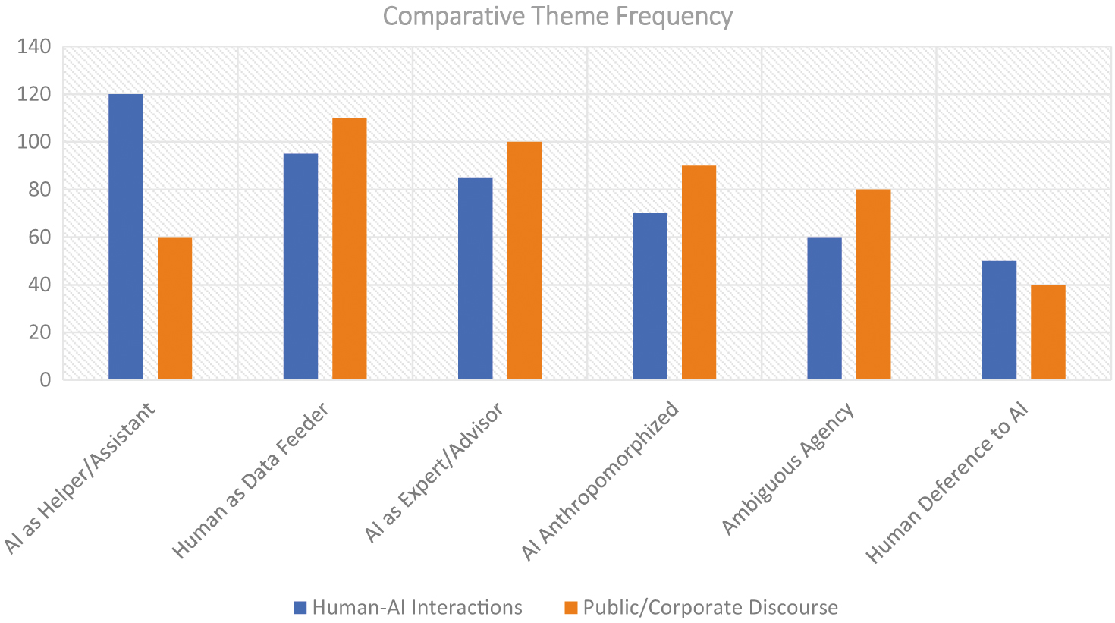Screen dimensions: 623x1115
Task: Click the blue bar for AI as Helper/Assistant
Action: [x=126, y=237]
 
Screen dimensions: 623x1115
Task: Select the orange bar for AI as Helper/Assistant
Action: [x=174, y=308]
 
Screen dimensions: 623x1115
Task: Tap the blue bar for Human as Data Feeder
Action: [x=300, y=266]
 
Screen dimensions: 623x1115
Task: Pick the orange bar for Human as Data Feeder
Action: [x=349, y=249]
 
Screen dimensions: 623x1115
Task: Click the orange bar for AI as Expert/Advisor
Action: [x=524, y=260]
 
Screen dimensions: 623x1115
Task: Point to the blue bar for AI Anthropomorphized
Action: [x=650, y=296]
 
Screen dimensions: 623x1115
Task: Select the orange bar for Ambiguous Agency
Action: [x=873, y=285]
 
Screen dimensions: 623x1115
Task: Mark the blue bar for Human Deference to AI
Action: [x=999, y=320]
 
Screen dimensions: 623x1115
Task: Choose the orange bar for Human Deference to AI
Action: [x=1047, y=332]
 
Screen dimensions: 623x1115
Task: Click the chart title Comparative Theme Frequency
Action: [x=557, y=16]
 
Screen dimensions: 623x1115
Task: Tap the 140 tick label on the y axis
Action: [x=35, y=47]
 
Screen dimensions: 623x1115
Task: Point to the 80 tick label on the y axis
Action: [x=39, y=190]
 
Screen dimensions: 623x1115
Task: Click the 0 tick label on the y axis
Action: [x=46, y=379]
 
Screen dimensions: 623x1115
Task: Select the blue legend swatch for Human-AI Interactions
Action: [x=300, y=608]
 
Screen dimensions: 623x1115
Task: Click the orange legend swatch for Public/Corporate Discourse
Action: [x=571, y=608]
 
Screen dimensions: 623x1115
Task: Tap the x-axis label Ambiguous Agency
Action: [x=788, y=468]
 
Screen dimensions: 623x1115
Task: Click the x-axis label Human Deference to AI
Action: [x=947, y=483]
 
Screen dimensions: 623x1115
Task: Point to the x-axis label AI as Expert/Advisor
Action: [x=434, y=473]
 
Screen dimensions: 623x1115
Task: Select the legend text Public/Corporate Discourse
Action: [x=710, y=608]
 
